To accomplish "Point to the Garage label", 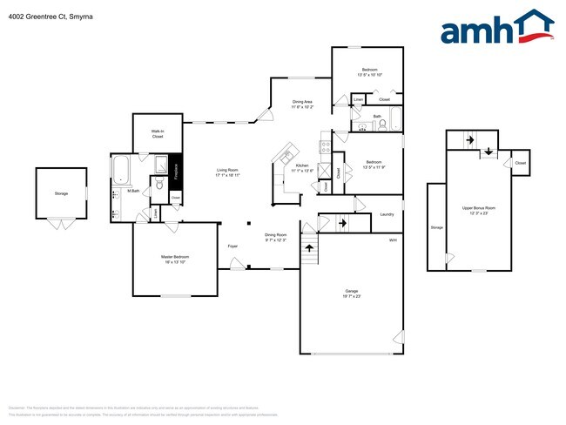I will [352, 292].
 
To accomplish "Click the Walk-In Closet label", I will [158, 134].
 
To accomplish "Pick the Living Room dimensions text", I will [227, 175].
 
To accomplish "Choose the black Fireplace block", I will [175, 168].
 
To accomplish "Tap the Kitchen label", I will [301, 165].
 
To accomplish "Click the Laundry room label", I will [387, 215].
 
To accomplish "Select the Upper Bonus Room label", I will [478, 209].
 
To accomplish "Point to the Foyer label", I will [232, 246].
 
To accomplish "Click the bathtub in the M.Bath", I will [120, 167].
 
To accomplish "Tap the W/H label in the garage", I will [393, 239].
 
